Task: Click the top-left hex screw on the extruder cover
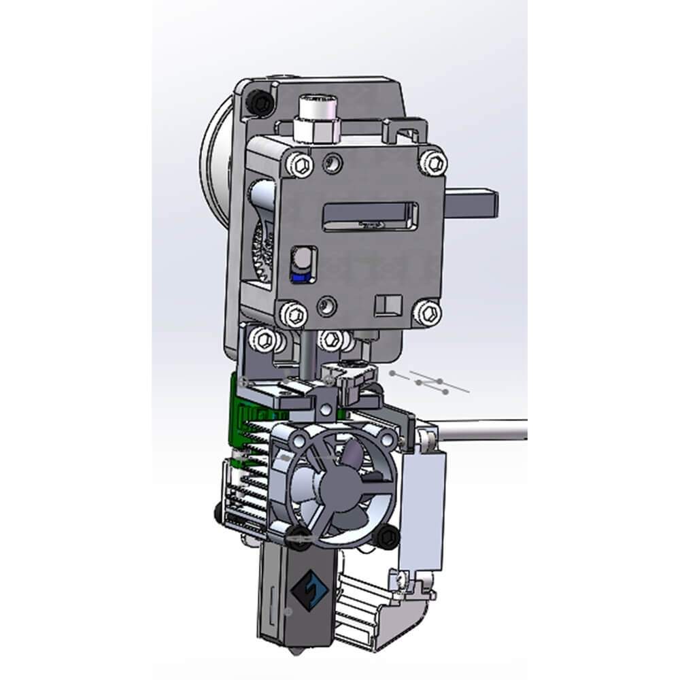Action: [301, 165]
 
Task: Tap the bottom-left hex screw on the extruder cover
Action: [294, 314]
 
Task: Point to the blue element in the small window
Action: [300, 274]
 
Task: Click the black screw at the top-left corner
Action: [260, 101]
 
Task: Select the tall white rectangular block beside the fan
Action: [422, 507]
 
